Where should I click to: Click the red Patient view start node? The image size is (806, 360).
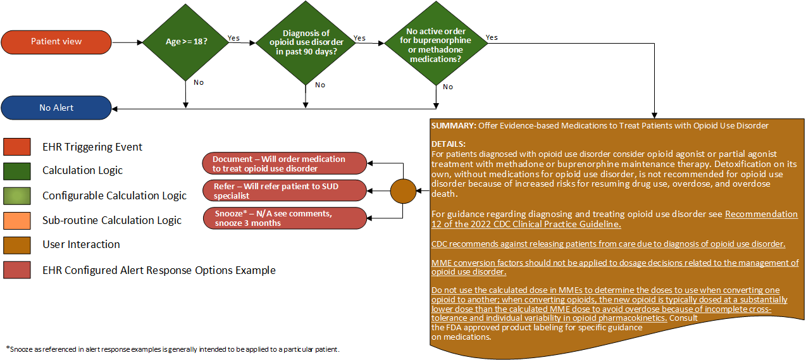[x=56, y=42]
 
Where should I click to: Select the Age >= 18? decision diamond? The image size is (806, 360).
[x=186, y=42]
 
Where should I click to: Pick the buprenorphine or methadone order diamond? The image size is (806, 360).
[x=436, y=45]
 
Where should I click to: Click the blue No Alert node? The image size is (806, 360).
[x=56, y=108]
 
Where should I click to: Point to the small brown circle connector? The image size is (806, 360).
[x=403, y=190]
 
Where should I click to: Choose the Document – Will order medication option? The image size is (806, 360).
[x=284, y=163]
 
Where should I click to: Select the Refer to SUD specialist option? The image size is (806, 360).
[x=284, y=190]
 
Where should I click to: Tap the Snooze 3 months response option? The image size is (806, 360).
[x=284, y=218]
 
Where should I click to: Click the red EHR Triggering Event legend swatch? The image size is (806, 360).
[x=17, y=147]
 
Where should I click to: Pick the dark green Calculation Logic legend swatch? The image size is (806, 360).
[x=17, y=170]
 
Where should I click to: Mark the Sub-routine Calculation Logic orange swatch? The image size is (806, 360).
[x=17, y=220]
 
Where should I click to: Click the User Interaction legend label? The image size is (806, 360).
[x=81, y=244]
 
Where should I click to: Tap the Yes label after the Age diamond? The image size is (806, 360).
[x=233, y=38]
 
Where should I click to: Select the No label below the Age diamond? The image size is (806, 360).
[x=199, y=82]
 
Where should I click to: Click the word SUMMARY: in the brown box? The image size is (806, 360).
[x=454, y=125]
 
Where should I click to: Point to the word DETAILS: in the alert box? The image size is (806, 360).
[x=449, y=144]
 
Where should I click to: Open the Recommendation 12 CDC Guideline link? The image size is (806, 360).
[x=761, y=214]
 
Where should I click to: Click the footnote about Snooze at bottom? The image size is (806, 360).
[x=173, y=349]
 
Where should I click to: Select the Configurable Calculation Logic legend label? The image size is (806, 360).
[x=115, y=196]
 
